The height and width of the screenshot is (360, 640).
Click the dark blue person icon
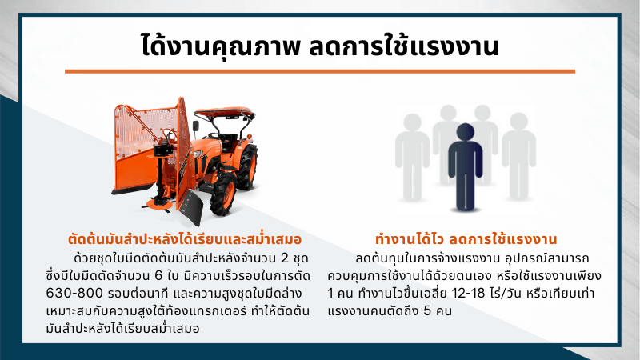click(x=465, y=167)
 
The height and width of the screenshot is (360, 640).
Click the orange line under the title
click(x=319, y=71)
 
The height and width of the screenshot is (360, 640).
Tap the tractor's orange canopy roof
click(x=225, y=111)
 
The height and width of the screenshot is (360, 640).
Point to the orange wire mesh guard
click(x=145, y=130)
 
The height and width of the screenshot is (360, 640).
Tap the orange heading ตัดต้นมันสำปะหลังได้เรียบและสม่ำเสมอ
click(x=185, y=239)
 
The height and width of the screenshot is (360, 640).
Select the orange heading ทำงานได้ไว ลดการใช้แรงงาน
click(x=466, y=239)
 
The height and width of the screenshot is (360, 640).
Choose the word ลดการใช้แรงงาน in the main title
click(x=403, y=46)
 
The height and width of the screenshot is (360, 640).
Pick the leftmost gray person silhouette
click(x=412, y=157)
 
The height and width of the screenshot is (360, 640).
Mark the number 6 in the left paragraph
click(x=158, y=276)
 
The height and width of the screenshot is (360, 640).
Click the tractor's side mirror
click(x=196, y=126)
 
